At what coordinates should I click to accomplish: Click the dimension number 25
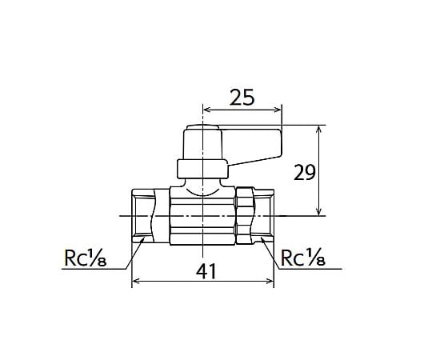241,98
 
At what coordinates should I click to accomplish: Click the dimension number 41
206,271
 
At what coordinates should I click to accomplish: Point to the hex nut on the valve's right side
246,216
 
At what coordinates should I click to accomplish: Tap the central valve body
203,216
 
